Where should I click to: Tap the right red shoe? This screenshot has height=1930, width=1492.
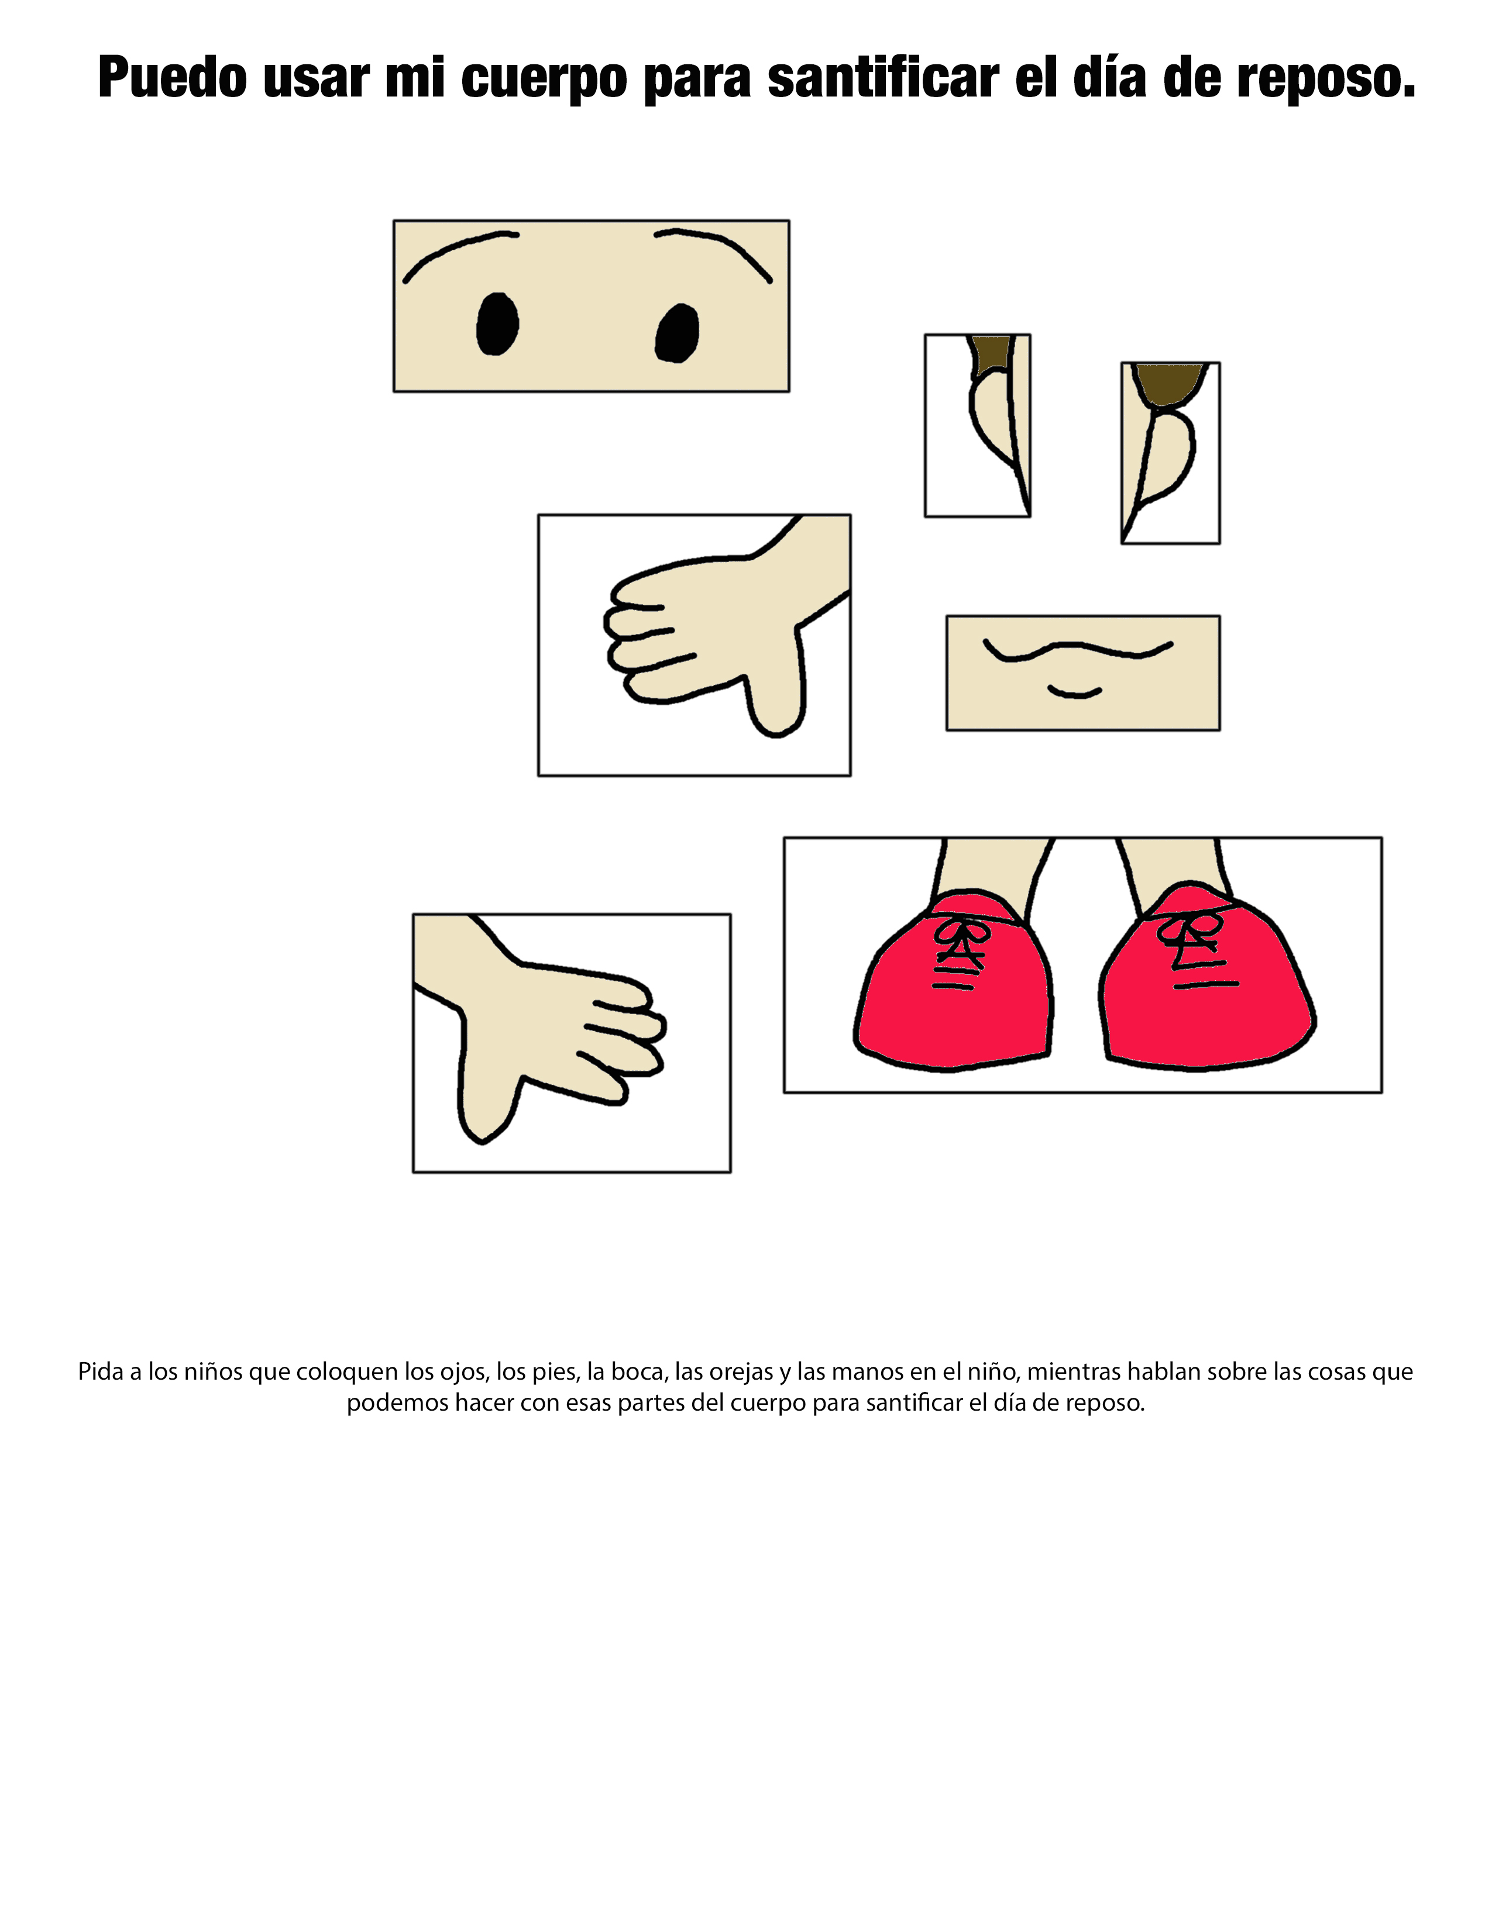[1208, 981]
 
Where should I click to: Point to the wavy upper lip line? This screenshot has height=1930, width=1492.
[1077, 650]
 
